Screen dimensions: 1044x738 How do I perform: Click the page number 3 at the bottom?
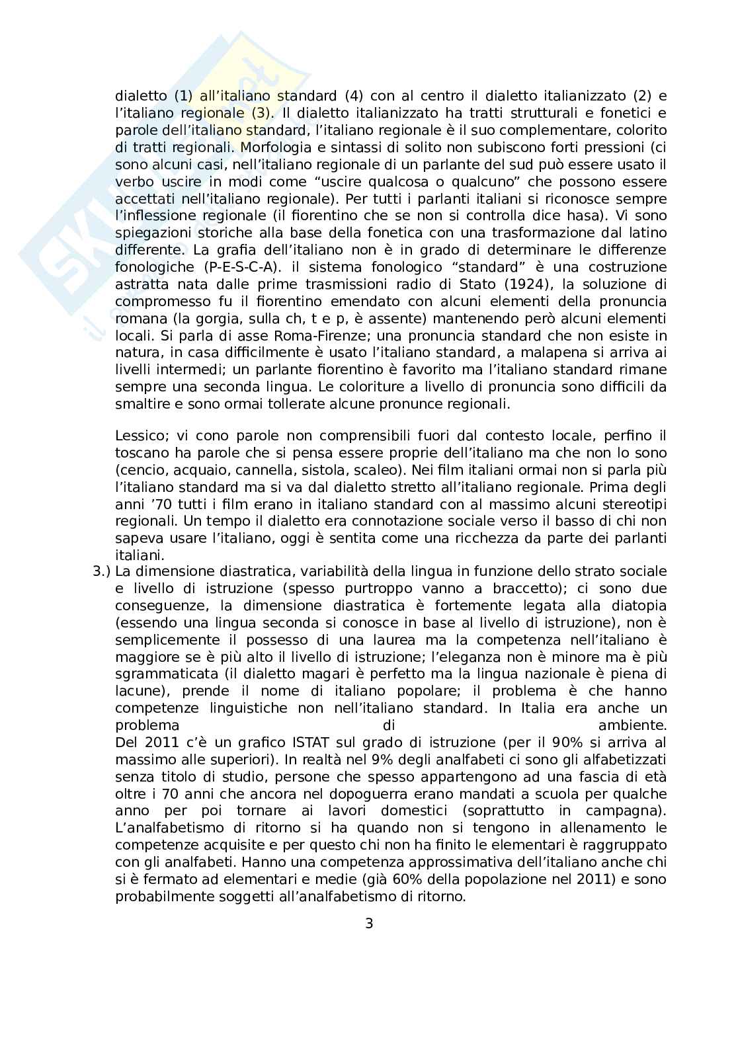click(369, 923)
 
